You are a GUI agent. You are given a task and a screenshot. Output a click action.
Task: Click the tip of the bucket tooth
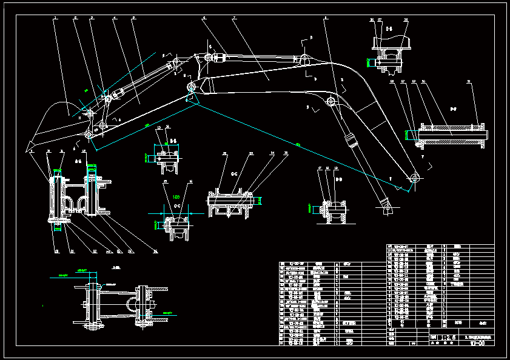[27, 148]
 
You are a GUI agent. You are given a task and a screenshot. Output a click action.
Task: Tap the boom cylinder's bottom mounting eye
[388, 207]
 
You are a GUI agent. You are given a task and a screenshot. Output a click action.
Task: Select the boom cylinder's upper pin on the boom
[331, 101]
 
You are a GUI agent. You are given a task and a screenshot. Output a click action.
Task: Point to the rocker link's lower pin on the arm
[103, 125]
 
